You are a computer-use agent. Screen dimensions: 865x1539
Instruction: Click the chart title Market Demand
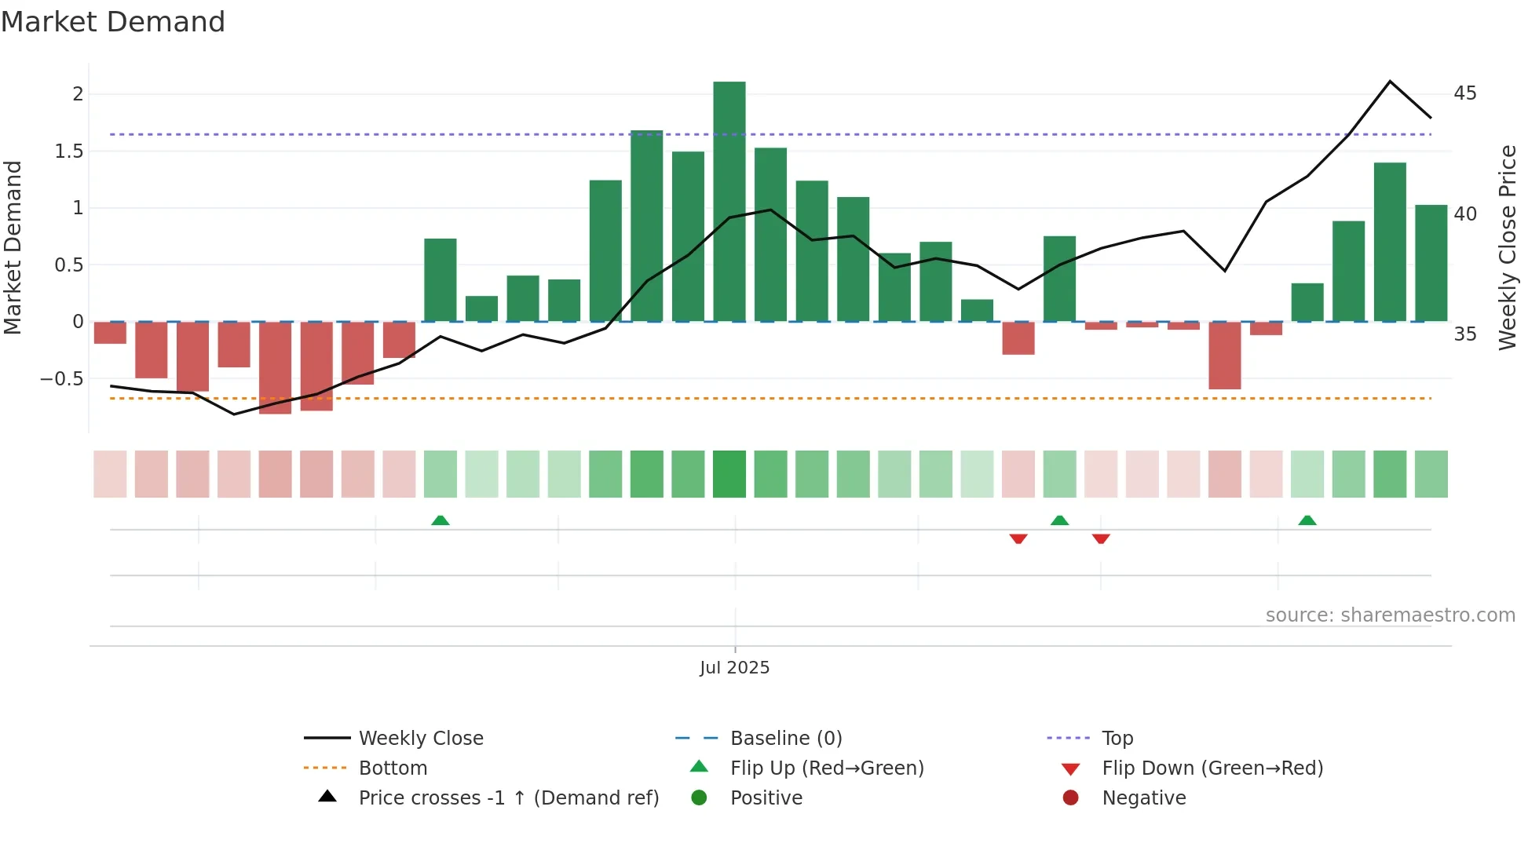113,22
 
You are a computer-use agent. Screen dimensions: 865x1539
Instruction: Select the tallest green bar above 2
729,201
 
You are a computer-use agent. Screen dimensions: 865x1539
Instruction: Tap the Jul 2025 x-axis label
734,668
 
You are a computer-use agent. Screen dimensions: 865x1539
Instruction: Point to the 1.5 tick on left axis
69,151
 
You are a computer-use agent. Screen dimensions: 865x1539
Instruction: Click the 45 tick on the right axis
1464,93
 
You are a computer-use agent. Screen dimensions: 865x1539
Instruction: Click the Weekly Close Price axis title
1507,247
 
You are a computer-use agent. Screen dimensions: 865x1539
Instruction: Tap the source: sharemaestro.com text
1390,615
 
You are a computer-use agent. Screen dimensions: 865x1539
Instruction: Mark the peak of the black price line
1390,82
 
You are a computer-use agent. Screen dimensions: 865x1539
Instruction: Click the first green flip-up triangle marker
440,520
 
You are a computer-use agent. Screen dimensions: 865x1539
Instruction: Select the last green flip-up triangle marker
1307,520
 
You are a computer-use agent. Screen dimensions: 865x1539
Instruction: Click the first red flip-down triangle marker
1018,538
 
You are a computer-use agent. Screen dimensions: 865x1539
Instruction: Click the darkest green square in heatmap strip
729,474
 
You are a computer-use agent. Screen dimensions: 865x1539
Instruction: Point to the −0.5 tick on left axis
62,379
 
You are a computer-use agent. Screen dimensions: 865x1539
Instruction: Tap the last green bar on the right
1431,263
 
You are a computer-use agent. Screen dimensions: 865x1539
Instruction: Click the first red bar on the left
110,333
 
